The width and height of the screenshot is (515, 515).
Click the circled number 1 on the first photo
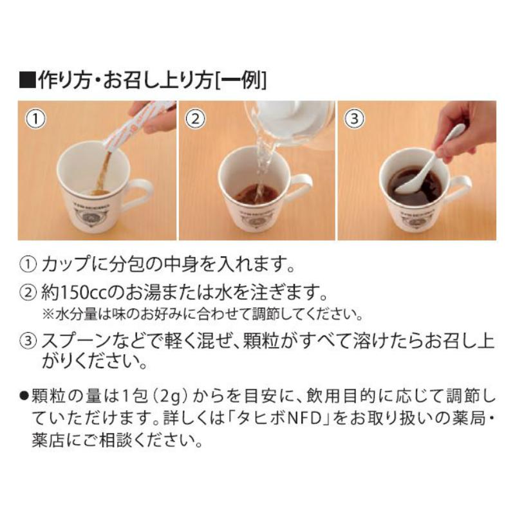[x=36, y=118]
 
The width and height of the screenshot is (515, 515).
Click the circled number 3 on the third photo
[x=353, y=118]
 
